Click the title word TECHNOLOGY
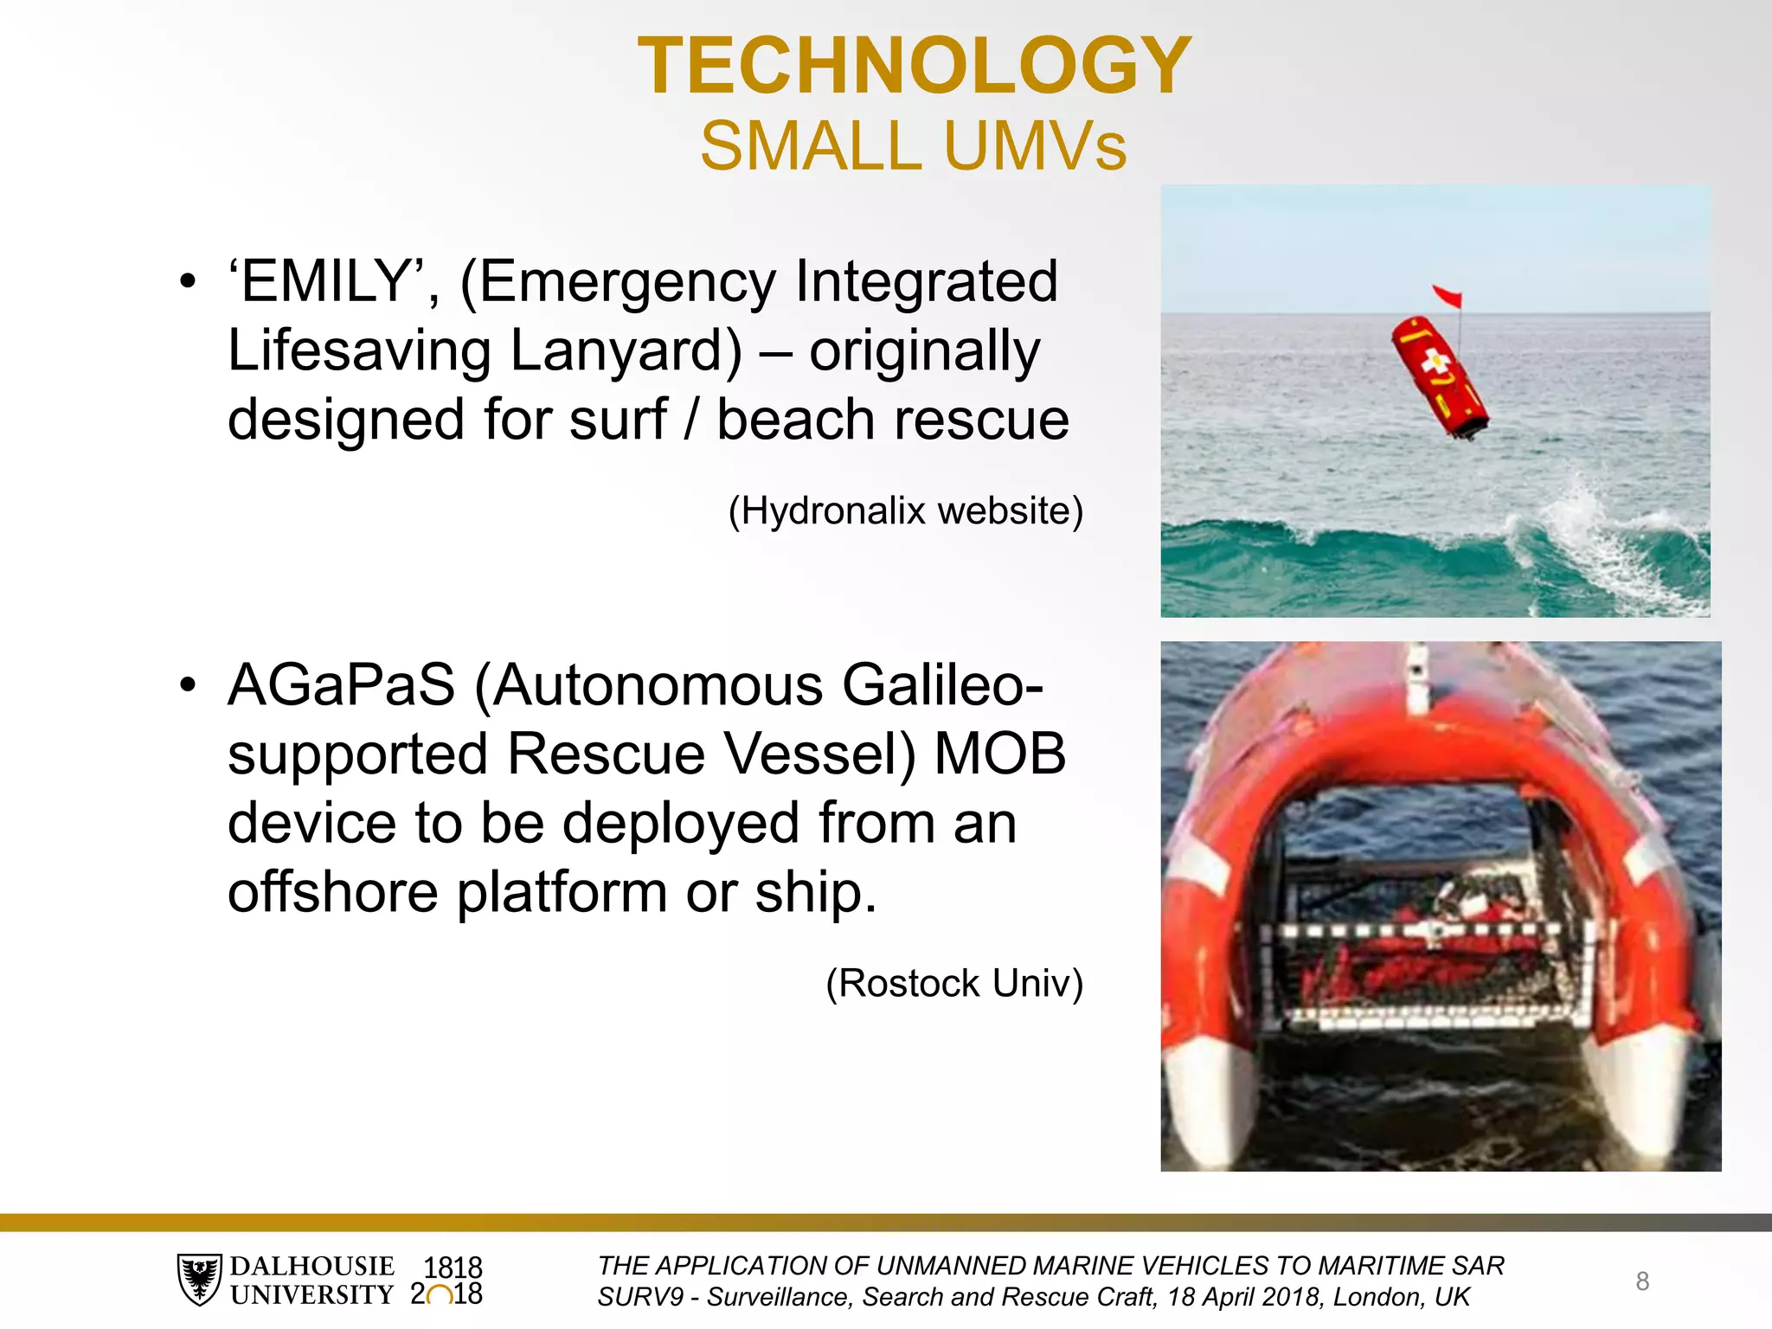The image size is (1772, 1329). coord(914,66)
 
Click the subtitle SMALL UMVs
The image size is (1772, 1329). coord(914,145)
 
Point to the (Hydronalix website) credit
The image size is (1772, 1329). coord(905,510)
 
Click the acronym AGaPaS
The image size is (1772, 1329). coord(341,685)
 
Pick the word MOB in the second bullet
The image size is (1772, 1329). coord(1000,754)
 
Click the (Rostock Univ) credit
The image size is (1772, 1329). coord(953,984)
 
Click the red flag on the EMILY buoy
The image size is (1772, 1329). coord(1448,296)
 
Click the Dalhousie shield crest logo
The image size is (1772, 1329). coord(200,1279)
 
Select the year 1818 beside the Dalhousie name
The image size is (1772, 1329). coord(452,1268)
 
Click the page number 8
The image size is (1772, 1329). coord(1642,1281)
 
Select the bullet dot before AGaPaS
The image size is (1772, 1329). coord(188,685)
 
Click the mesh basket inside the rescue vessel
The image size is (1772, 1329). coord(1419,960)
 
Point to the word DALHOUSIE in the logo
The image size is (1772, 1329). coord(311,1266)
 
